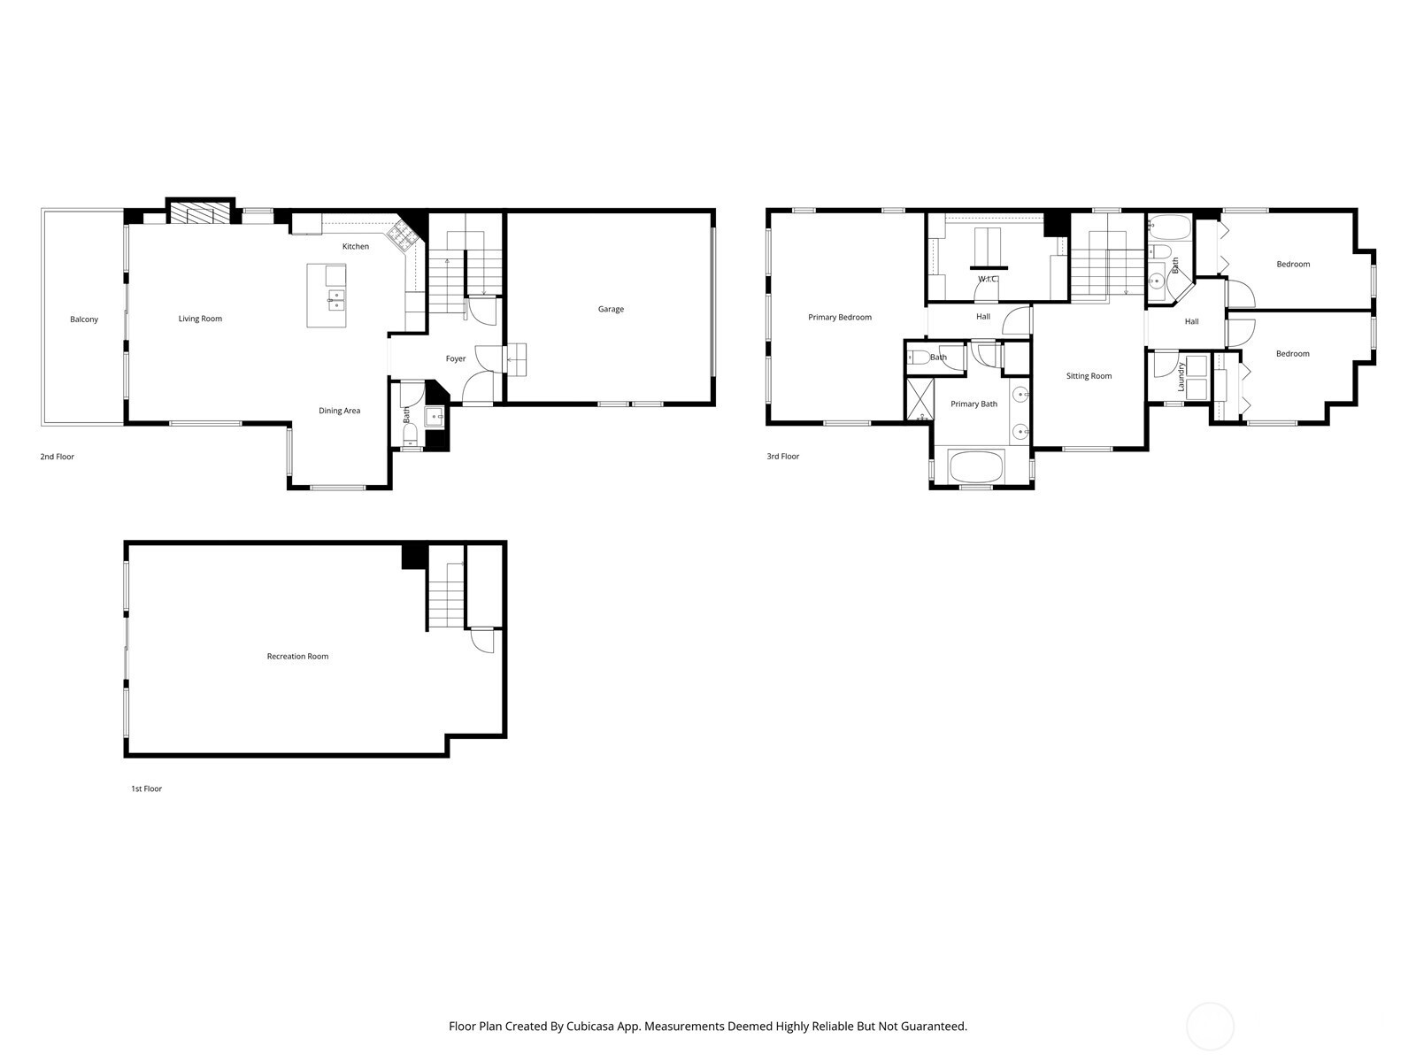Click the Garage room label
611,310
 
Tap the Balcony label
84,319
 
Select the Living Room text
200,319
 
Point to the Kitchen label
356,246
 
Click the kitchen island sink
336,300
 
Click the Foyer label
456,359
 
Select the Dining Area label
339,411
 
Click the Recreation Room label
297,657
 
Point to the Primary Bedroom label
839,317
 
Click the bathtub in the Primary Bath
977,466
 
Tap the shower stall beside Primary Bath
920,400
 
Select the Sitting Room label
1089,376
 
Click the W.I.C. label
988,279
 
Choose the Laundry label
1181,377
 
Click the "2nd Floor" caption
58,457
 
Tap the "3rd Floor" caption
782,457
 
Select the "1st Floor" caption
146,789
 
